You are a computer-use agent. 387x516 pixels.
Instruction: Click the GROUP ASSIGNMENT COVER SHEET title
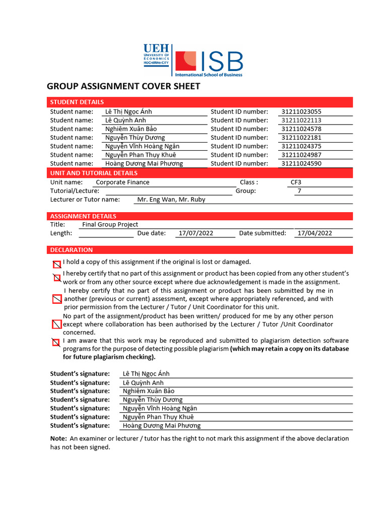tap(123, 86)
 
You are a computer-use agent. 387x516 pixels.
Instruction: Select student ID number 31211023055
tap(301, 111)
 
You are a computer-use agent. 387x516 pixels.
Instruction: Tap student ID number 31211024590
tap(301, 163)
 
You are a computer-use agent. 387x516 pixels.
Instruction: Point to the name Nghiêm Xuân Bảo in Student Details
tap(131, 129)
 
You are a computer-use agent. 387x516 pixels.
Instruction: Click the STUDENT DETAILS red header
tap(77, 102)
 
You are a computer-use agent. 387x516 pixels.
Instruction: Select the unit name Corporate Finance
tap(122, 182)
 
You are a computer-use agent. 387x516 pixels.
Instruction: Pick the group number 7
tap(299, 191)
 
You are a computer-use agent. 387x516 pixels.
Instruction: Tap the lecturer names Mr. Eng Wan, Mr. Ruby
tap(171, 200)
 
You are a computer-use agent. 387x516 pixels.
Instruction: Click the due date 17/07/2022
tap(196, 233)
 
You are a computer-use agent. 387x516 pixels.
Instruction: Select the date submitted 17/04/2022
tap(315, 233)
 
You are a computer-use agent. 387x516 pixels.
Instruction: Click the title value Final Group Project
tap(110, 225)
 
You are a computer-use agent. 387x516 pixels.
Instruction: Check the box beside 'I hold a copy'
tap(57, 264)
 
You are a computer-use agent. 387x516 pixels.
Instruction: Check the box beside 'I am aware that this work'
tap(56, 343)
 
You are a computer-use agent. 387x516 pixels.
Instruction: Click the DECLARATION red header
tap(72, 250)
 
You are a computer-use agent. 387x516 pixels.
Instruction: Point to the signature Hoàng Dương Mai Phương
tap(162, 426)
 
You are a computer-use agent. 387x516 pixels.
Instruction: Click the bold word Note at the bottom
tap(58, 438)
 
